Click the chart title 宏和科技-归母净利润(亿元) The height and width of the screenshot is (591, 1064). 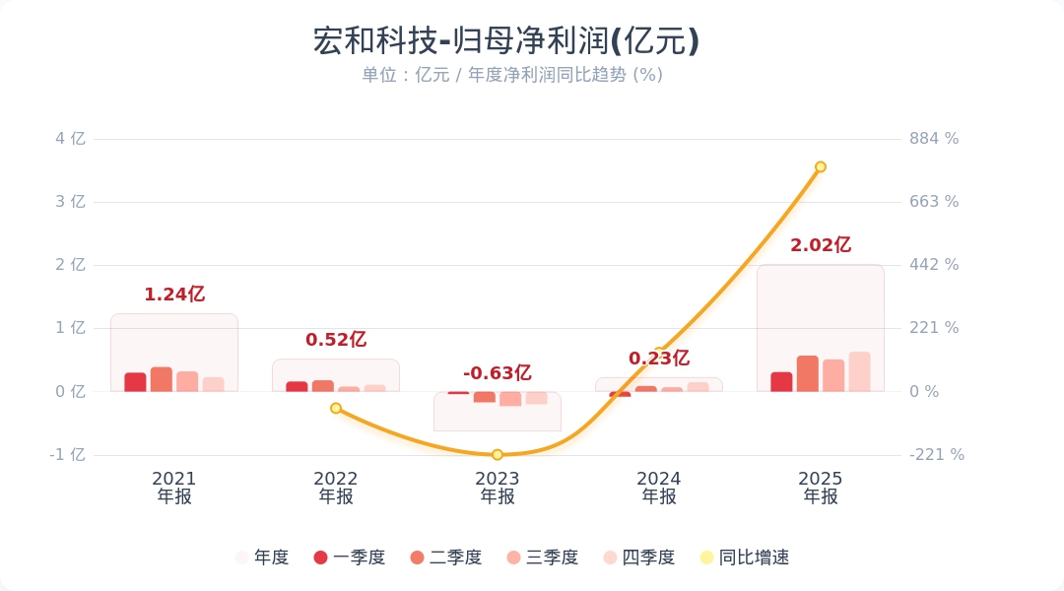point(505,41)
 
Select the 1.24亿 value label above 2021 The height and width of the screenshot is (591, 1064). point(174,295)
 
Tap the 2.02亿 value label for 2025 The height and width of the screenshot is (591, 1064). point(820,245)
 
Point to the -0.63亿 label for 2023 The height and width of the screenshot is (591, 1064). point(498,373)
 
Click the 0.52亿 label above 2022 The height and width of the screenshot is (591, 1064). point(336,340)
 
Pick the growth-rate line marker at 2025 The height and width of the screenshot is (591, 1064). point(820,166)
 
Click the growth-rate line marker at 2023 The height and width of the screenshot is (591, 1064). point(498,454)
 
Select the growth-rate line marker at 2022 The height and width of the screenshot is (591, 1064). point(336,408)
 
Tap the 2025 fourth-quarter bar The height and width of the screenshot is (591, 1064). point(859,371)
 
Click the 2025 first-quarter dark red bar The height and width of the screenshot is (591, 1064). point(781,381)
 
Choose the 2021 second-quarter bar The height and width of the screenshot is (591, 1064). point(162,379)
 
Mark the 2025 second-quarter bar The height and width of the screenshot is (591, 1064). point(808,373)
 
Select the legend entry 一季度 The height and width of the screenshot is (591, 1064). point(350,558)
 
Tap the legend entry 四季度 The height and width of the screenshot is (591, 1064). point(639,558)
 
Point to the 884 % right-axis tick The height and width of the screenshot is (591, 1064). point(934,139)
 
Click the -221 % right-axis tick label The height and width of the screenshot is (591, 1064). point(936,455)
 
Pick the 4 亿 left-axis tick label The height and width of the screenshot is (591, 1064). point(70,139)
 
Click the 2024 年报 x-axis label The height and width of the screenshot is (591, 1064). point(659,488)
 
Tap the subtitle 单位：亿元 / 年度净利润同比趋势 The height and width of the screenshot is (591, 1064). point(511,75)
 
